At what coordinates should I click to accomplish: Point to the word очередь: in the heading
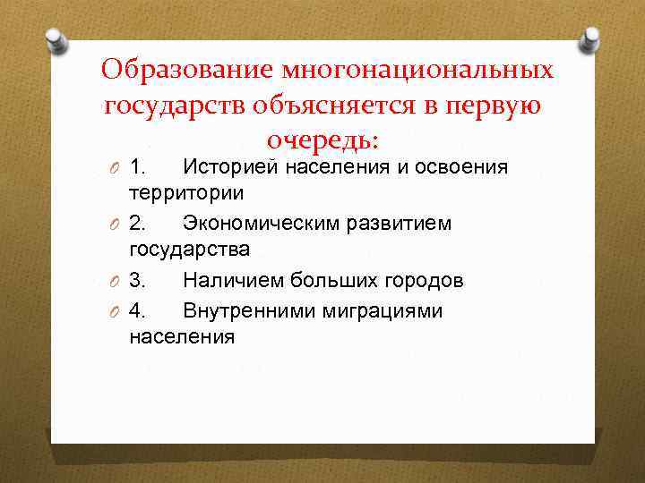pos(322,139)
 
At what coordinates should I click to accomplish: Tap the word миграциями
pos(385,310)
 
